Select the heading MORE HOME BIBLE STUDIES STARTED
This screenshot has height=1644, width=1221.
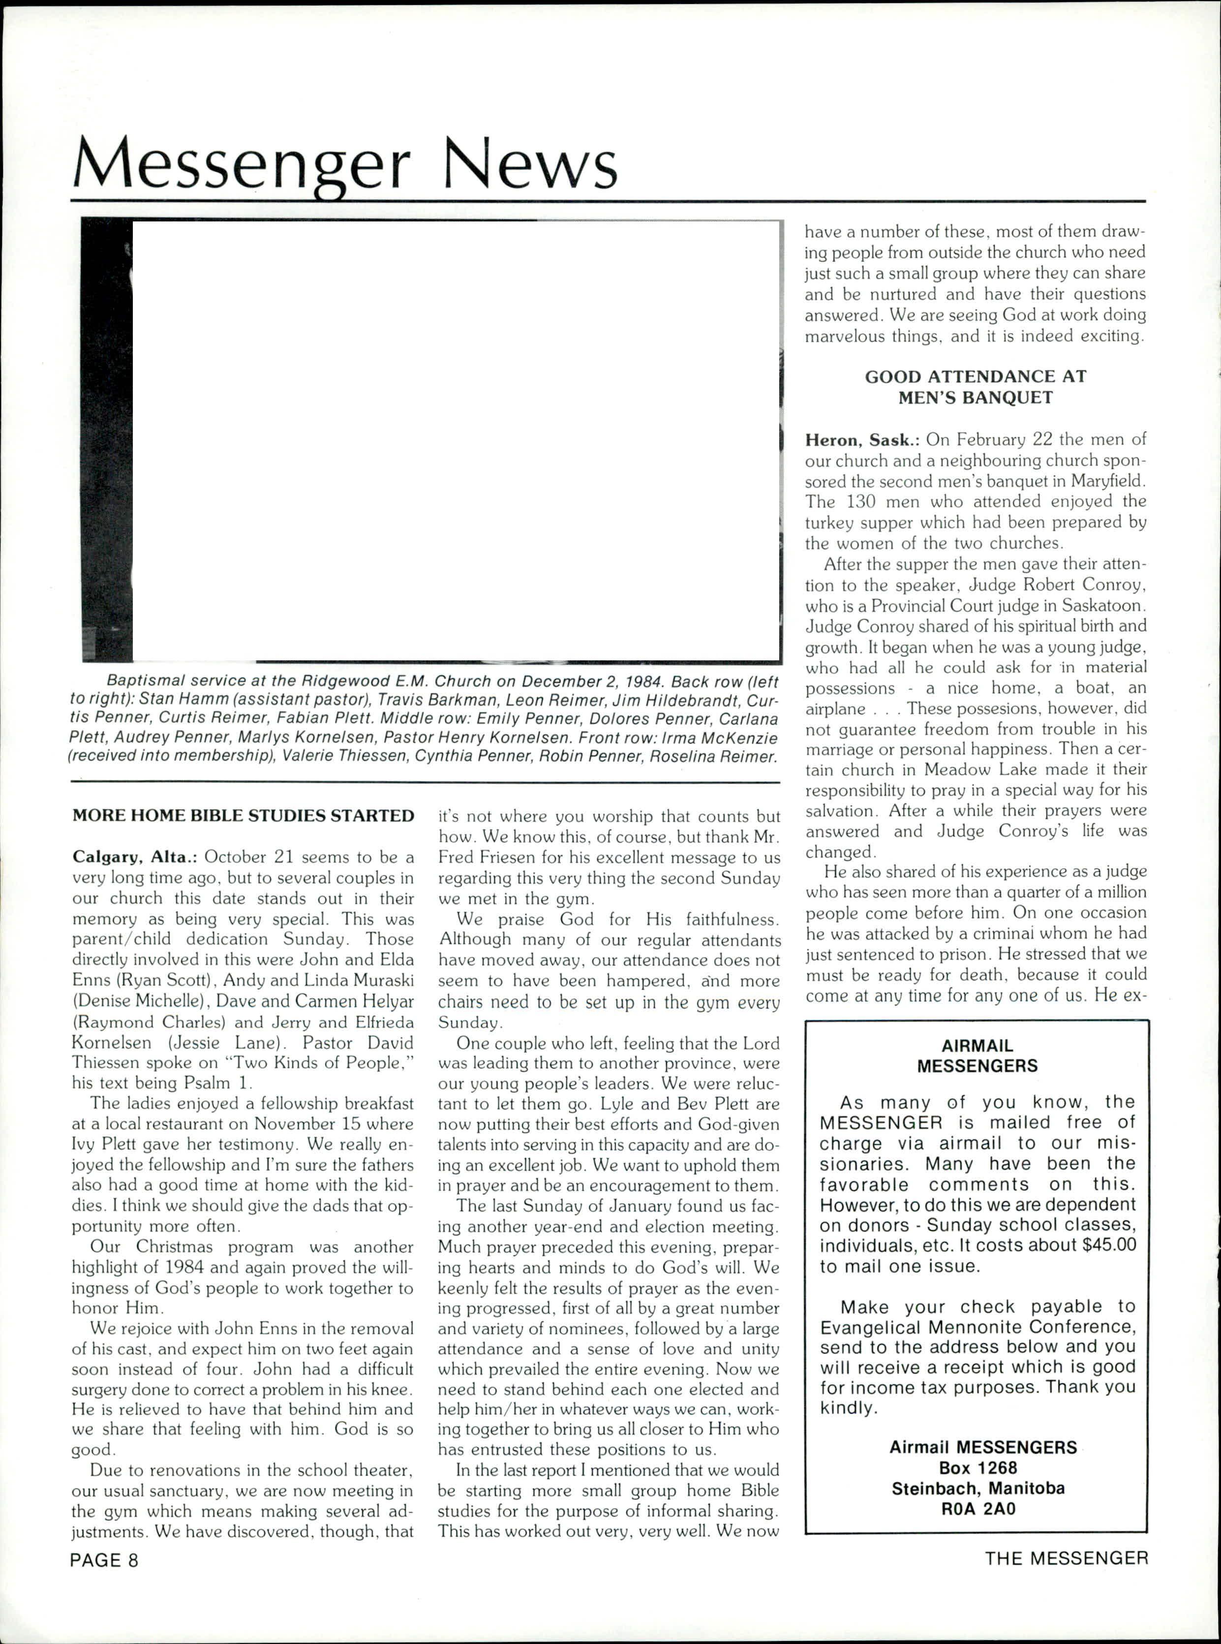[243, 816]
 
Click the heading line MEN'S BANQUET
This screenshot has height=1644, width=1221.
[975, 398]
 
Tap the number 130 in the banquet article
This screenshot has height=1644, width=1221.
[861, 502]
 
